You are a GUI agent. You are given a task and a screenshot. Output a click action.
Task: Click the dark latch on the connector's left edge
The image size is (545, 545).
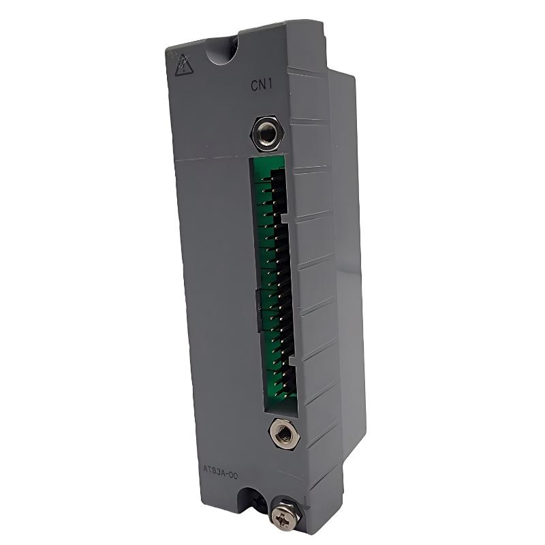pyautogui.click(x=260, y=310)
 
